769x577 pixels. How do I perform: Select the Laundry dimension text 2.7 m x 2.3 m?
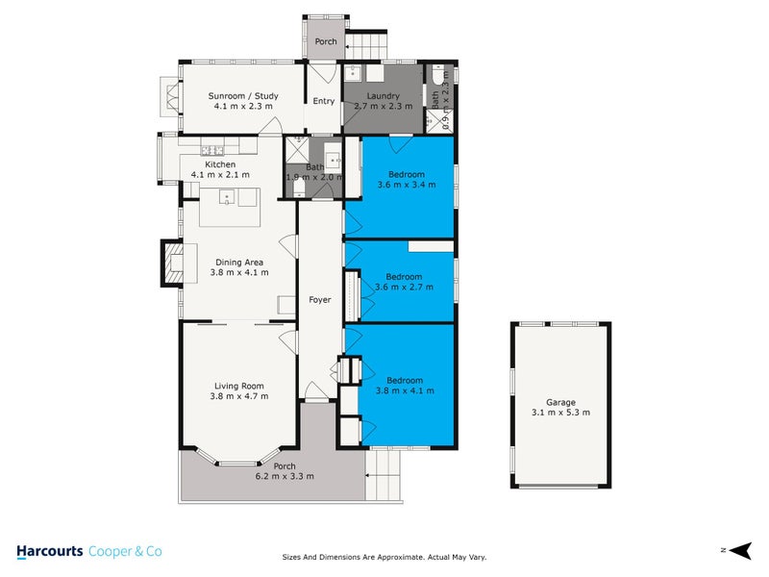384,106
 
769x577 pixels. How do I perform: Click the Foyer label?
319,300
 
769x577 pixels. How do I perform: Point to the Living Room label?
239,386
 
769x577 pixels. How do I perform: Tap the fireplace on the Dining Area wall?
169,262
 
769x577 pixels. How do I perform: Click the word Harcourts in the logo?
49,551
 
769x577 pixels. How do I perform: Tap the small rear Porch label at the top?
324,41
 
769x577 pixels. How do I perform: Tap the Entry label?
324,101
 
